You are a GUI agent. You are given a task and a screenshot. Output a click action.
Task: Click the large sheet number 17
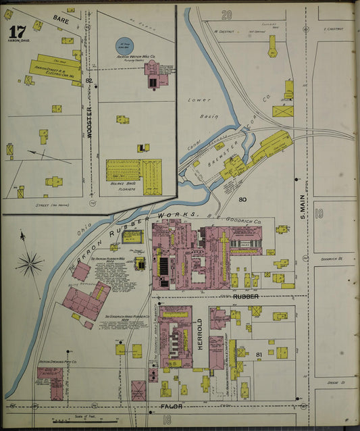pyautogui.click(x=16, y=32)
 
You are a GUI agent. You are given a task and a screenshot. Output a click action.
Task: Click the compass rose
pyautogui.click(x=29, y=263)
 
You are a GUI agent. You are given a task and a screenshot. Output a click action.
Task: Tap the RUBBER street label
pyautogui.click(x=246, y=297)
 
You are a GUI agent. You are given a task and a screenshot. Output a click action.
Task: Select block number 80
pyautogui.click(x=242, y=199)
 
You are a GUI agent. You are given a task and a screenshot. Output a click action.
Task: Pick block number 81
pyautogui.click(x=259, y=353)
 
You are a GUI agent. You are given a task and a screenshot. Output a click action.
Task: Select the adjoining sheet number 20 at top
pyautogui.click(x=226, y=14)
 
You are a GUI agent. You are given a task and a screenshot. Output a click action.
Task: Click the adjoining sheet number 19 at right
pyautogui.click(x=319, y=214)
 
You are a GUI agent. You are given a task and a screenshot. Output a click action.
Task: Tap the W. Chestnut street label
pyautogui.click(x=223, y=30)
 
